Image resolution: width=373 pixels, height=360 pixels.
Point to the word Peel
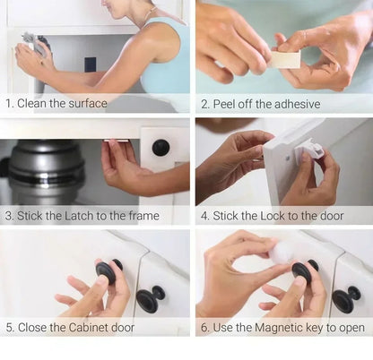(226, 104)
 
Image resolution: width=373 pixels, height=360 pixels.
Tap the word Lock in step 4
(276, 215)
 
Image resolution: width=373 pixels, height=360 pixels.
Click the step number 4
(204, 215)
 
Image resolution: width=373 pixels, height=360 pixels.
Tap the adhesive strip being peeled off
(286, 59)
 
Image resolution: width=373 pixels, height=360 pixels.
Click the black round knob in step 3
(160, 148)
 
